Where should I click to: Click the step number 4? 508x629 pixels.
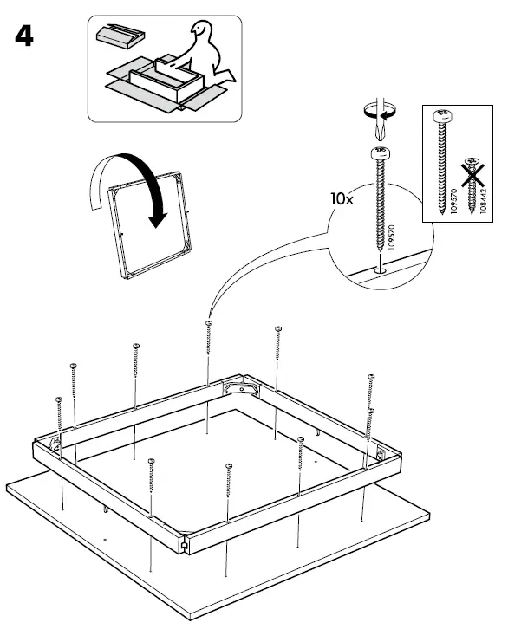pyautogui.click(x=23, y=37)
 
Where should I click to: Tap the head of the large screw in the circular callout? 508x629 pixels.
pyautogui.click(x=379, y=153)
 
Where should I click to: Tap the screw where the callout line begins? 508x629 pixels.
pyautogui.click(x=208, y=325)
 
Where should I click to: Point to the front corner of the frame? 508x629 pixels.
pyautogui.click(x=186, y=547)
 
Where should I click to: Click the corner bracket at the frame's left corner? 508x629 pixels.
pyautogui.click(x=55, y=444)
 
